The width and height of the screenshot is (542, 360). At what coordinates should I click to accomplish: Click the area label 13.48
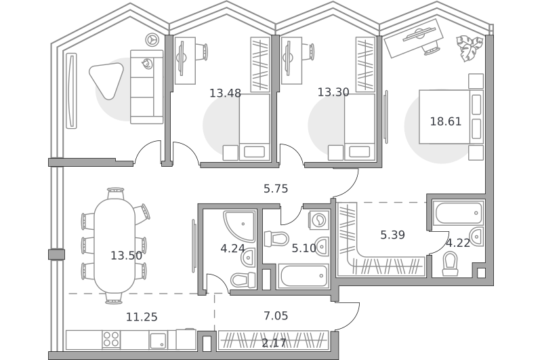[x=225, y=93]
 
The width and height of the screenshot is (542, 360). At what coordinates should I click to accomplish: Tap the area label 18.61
[x=446, y=121]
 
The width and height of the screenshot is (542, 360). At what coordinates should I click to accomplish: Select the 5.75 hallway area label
[x=276, y=188]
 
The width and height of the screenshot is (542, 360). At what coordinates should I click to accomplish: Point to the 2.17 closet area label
[x=274, y=343]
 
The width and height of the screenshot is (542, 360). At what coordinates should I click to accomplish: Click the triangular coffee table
[x=106, y=80]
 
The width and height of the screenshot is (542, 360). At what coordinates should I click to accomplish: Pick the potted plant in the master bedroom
[x=470, y=47]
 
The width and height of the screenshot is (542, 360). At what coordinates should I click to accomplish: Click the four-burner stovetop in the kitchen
[x=111, y=339]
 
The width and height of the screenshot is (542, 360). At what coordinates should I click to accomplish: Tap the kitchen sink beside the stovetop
[x=159, y=340]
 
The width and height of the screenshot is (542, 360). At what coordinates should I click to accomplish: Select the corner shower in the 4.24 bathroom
[x=239, y=226]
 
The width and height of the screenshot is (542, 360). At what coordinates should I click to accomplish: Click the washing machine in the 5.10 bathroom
[x=318, y=219]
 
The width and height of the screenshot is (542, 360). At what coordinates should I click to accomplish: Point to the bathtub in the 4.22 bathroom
[x=459, y=213]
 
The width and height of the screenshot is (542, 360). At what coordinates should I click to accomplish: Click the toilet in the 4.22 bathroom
[x=450, y=264]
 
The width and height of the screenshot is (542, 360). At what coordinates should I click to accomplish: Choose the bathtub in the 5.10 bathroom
[x=303, y=276]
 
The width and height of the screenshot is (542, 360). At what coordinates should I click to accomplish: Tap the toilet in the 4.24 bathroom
[x=243, y=279]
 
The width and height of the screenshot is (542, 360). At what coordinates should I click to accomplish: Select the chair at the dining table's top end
[x=115, y=193]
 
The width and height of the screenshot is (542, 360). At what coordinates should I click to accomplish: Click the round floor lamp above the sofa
[x=152, y=40]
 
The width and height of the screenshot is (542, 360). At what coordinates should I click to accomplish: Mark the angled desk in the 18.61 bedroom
[x=414, y=38]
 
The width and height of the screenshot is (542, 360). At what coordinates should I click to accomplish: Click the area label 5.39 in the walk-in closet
[x=392, y=235]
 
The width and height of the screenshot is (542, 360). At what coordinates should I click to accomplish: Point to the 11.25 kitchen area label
[x=142, y=317]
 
